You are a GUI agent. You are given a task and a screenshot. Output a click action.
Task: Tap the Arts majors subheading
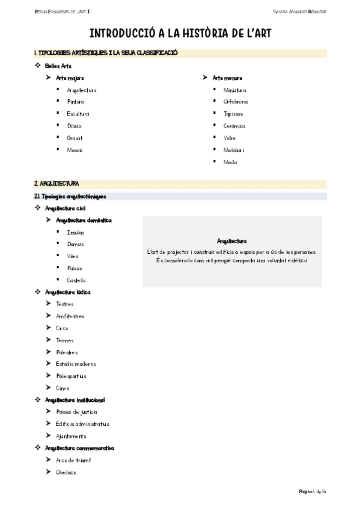pyautogui.click(x=70, y=78)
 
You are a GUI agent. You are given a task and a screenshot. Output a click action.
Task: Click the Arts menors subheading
pyautogui.click(x=228, y=78)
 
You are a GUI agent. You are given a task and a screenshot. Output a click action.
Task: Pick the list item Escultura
pyautogui.click(x=78, y=114)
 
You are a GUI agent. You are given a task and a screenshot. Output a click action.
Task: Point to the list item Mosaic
pyautogui.click(x=75, y=150)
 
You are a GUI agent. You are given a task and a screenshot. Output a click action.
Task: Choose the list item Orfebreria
pyautogui.click(x=236, y=102)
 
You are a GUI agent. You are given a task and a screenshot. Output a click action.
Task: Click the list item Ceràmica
pyautogui.click(x=234, y=126)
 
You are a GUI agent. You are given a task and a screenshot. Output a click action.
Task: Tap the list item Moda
pyautogui.click(x=230, y=162)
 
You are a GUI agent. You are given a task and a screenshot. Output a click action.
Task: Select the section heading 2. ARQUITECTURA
pyautogui.click(x=56, y=183)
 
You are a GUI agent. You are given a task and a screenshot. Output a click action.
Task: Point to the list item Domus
pyautogui.click(x=76, y=244)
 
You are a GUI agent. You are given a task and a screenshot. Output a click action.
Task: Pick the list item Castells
pyautogui.click(x=76, y=280)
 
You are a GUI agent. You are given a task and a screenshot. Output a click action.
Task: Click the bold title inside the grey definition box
pyautogui.click(x=232, y=241)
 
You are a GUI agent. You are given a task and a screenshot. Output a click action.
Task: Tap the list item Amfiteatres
pyautogui.click(x=70, y=316)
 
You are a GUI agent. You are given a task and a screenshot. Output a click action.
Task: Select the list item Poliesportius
pyautogui.click(x=71, y=376)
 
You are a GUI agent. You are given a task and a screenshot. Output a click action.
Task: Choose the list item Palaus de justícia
pyautogui.click(x=76, y=412)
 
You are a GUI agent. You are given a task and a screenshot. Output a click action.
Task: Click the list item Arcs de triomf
pyautogui.click(x=73, y=460)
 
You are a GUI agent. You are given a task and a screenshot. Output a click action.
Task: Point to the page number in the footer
pyautogui.click(x=313, y=491)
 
